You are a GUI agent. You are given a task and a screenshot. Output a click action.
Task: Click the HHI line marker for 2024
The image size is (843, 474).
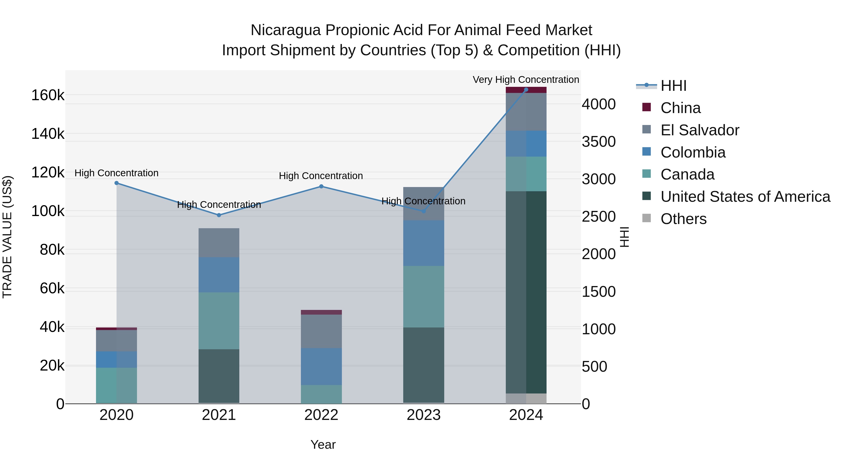[526, 89]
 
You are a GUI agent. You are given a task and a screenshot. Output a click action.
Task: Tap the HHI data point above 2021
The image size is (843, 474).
[219, 215]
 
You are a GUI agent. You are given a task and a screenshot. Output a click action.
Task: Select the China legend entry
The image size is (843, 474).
[680, 108]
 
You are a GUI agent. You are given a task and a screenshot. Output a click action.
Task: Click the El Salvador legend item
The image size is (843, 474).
[699, 130]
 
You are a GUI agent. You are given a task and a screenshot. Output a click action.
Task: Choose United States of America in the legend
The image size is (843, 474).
[745, 197]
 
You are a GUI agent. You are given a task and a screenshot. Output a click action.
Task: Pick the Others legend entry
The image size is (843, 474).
[683, 219]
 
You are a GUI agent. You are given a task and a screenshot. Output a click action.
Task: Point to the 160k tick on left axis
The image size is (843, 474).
[48, 95]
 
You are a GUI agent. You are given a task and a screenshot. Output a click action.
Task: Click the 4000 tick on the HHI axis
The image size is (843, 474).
[599, 104]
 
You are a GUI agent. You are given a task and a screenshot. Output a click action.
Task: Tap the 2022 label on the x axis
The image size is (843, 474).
[321, 415]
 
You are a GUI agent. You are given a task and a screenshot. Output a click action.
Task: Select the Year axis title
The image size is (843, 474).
[323, 445]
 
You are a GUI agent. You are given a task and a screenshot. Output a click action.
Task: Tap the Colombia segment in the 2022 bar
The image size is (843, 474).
[321, 366]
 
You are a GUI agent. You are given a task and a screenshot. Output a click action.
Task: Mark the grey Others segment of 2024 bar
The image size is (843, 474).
[526, 398]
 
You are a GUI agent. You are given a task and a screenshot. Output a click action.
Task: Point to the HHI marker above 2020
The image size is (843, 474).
[117, 183]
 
